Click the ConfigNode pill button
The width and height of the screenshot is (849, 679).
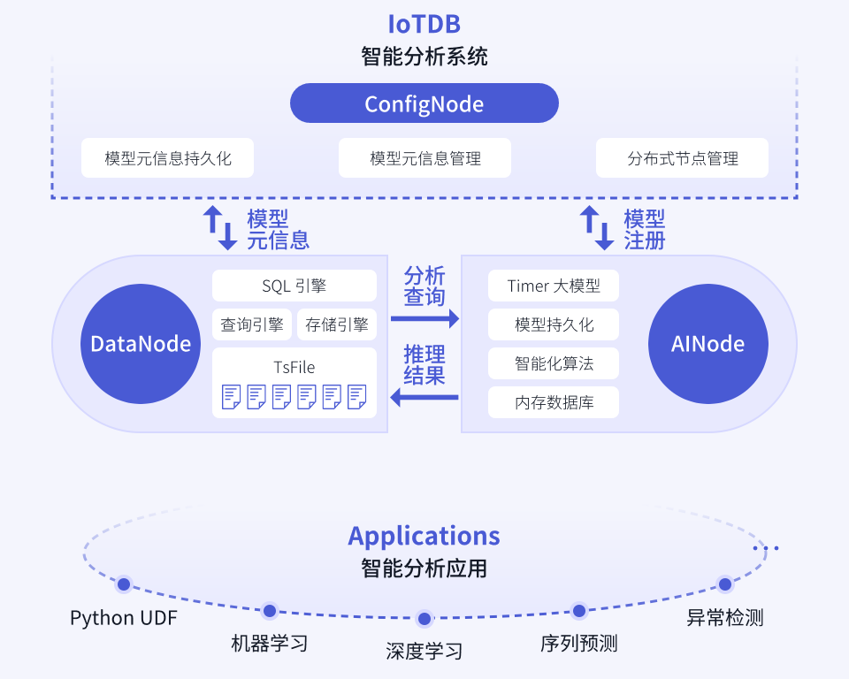(424, 103)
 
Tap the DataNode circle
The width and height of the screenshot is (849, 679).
(141, 343)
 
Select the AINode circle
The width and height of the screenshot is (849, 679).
(708, 343)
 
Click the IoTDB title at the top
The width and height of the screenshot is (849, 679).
(424, 24)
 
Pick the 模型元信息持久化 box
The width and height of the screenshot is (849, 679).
(168, 159)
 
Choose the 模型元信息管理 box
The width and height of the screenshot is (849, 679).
(425, 159)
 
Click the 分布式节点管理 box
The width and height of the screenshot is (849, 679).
(682, 159)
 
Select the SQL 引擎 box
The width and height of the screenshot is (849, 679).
(294, 286)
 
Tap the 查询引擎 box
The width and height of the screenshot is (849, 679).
(252, 324)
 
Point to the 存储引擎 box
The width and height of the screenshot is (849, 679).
(337, 324)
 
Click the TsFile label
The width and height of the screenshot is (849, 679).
(294, 367)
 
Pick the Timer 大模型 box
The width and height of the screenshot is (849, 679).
(554, 286)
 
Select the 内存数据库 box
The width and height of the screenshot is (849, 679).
(554, 403)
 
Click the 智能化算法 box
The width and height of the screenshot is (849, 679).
(554, 363)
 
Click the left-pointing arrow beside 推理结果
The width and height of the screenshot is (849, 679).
(425, 399)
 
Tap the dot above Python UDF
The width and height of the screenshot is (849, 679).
(124, 584)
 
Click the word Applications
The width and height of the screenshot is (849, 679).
(424, 536)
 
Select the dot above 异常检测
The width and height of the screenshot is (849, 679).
(725, 584)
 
